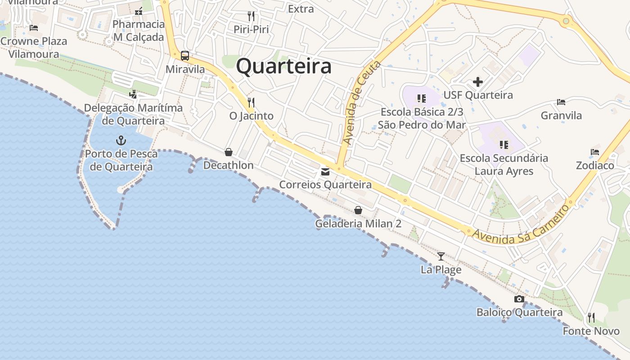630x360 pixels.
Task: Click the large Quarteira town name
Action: coord(284,67)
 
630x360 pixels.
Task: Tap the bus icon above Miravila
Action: coord(185,56)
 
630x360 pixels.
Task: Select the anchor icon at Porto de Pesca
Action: coord(121,140)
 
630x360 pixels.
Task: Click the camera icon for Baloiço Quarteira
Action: coord(519,299)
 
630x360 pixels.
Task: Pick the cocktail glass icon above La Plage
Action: coord(441,256)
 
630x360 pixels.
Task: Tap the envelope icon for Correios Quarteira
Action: coord(325,172)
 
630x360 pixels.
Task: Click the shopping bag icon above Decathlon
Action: coord(229,152)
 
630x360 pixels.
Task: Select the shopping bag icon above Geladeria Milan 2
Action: coord(358,210)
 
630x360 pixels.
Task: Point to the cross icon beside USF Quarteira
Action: coord(478,82)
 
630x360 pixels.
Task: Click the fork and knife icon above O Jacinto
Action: coord(251,103)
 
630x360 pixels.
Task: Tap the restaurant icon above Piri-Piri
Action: coord(251,16)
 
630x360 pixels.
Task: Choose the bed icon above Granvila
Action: coord(561,102)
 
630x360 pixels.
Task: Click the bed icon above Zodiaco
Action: coord(595,152)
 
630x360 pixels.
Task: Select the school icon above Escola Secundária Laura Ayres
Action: coord(504,145)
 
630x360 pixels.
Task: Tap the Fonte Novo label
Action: coord(591,331)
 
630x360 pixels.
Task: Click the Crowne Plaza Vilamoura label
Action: coord(34,48)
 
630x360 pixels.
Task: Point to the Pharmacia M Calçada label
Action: coord(139,31)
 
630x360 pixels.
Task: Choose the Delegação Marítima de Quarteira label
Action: coord(133,114)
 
